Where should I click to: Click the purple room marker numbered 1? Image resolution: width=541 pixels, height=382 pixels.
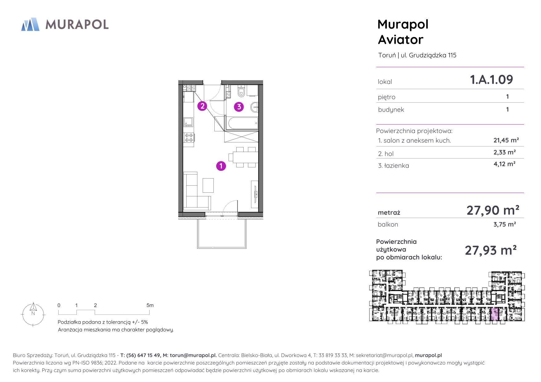click(x=221, y=166)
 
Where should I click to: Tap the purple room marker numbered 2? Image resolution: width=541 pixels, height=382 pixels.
click(x=202, y=106)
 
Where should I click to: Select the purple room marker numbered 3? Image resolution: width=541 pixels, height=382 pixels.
click(x=239, y=107)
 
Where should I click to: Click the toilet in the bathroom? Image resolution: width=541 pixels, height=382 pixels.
click(x=241, y=92)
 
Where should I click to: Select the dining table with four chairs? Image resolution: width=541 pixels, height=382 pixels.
click(x=244, y=157)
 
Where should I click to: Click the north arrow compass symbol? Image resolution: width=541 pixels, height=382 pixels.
click(x=33, y=314)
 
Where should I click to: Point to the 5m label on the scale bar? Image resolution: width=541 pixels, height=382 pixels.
click(x=150, y=305)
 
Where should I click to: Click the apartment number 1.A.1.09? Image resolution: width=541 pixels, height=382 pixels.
click(x=491, y=80)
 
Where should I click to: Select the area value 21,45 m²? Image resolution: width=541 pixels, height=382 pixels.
click(x=506, y=140)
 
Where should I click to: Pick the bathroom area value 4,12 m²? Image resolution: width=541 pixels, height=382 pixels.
click(x=505, y=164)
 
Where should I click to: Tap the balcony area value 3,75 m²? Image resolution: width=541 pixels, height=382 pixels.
click(x=505, y=224)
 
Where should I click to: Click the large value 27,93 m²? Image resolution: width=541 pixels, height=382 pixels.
click(x=491, y=250)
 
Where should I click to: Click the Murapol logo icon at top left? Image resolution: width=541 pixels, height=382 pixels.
click(x=30, y=24)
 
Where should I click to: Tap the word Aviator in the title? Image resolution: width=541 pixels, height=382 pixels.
click(x=400, y=40)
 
